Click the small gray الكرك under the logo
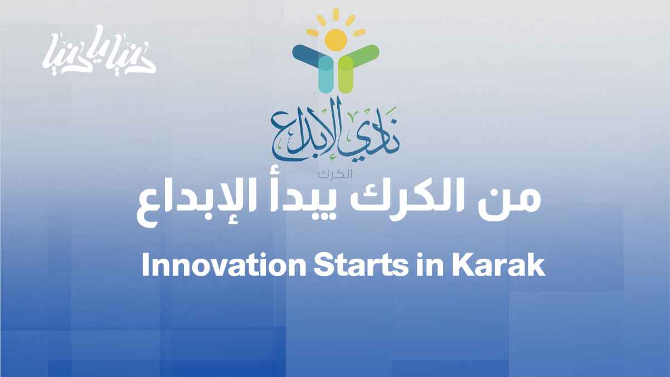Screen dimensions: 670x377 click(x=335, y=174)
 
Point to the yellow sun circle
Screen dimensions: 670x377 click(x=336, y=40)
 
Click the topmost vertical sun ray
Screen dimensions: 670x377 click(x=336, y=14)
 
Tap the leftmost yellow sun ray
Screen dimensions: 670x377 click(x=313, y=32)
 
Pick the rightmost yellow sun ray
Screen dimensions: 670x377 click(x=359, y=32)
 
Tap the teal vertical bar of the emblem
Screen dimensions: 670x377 click(x=326, y=75)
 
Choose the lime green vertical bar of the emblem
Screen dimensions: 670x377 click(x=346, y=75)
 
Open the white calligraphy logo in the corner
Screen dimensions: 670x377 click(x=99, y=50)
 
